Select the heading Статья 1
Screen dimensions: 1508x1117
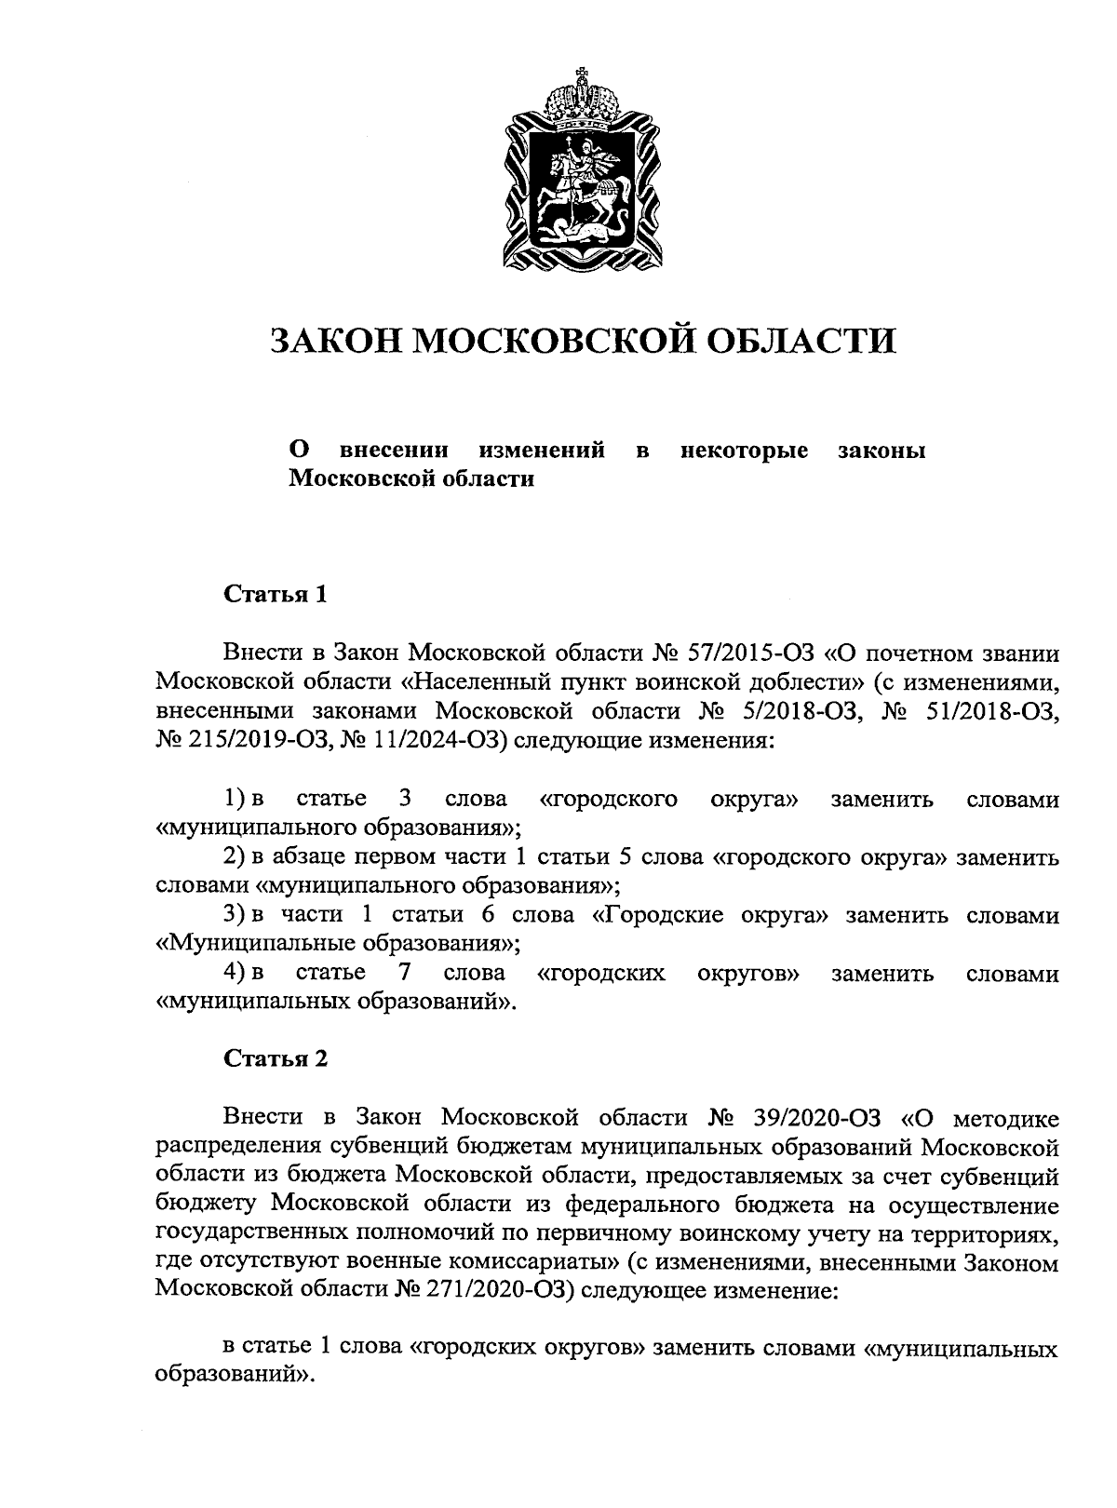(x=275, y=595)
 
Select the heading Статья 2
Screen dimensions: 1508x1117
(x=275, y=1058)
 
